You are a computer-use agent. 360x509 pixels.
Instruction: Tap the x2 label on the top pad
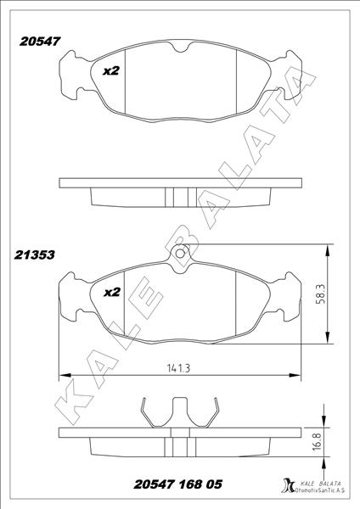click(110, 71)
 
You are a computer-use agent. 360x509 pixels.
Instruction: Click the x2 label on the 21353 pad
click(110, 292)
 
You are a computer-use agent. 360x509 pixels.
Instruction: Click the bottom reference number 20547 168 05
click(178, 484)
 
